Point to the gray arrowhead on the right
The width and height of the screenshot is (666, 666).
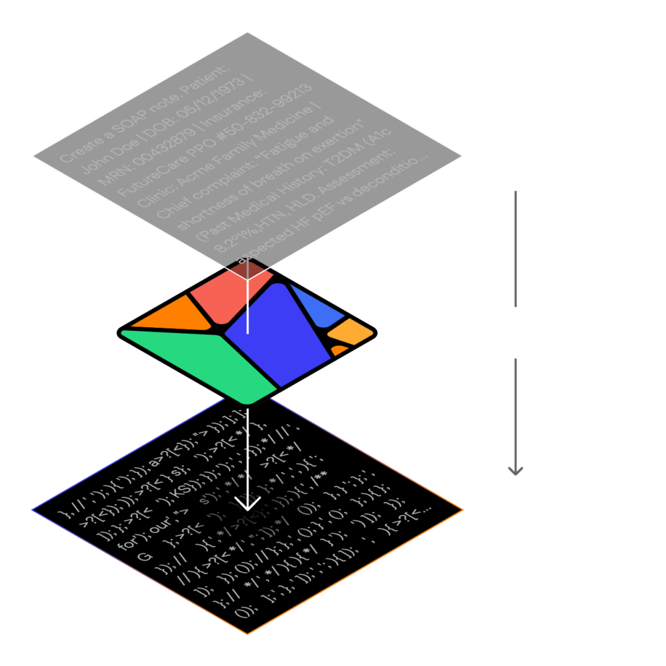pyautogui.click(x=516, y=469)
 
